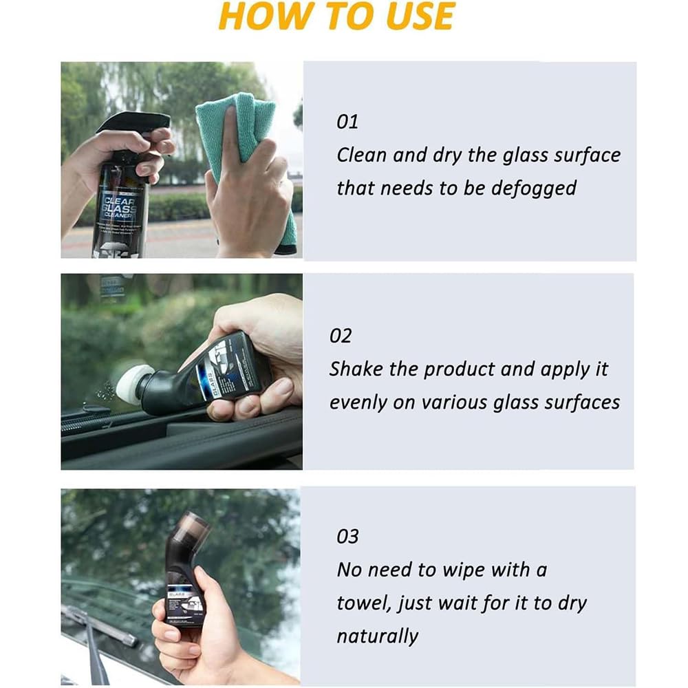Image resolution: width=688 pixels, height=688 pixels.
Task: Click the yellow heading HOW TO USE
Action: (336, 17)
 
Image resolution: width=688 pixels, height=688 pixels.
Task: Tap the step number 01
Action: (347, 122)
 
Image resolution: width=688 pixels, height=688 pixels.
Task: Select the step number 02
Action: (341, 336)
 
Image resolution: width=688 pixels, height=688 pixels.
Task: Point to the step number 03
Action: (347, 537)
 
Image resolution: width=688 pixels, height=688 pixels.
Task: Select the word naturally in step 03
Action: (377, 636)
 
